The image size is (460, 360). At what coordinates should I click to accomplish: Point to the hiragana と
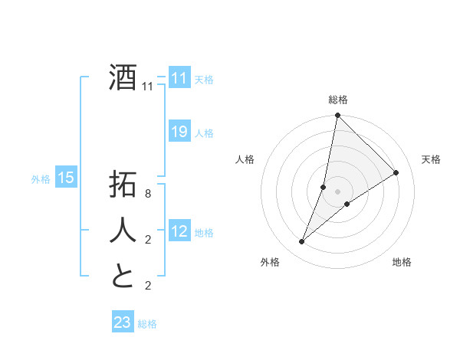click(123, 276)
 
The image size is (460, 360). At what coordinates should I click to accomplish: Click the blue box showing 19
click(179, 132)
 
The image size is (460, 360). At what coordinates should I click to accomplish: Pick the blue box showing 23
click(123, 322)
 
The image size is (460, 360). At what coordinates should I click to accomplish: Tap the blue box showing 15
click(66, 178)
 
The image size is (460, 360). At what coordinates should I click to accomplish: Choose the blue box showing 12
click(179, 231)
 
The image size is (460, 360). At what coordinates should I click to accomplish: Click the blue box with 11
click(179, 78)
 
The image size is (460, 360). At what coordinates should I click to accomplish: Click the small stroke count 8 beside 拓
click(148, 195)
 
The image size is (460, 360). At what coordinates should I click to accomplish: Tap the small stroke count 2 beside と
click(148, 286)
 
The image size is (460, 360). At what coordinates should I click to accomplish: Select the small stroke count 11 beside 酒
click(148, 87)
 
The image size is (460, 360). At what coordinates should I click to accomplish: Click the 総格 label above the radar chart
click(338, 100)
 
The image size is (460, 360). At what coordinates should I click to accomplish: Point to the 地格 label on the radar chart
click(402, 262)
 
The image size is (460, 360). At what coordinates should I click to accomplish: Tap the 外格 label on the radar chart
click(270, 262)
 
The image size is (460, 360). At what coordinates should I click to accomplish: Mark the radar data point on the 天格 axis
click(396, 172)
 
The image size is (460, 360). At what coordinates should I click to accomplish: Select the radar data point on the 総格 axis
click(337, 116)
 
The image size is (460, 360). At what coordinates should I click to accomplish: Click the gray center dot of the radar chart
click(337, 191)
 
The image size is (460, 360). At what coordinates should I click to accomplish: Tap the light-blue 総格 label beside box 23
click(148, 324)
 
